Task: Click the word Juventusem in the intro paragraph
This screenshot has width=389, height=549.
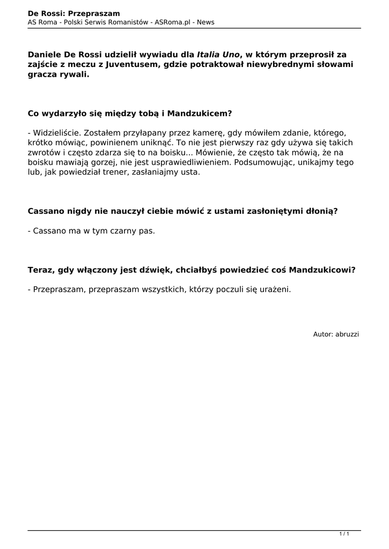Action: coord(127,65)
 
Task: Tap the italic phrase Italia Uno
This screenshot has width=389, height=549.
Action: coord(218,54)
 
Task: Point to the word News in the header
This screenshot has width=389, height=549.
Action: coord(205,22)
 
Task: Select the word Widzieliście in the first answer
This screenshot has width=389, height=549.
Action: coord(56,132)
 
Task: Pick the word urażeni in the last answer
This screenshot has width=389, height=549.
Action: coord(275,290)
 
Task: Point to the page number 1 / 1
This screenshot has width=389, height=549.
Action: coord(344,534)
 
